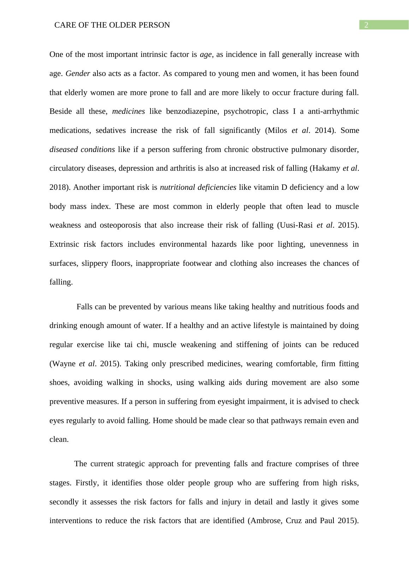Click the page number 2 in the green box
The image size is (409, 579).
click(x=366, y=25)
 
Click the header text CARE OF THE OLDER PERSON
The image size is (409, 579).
click(x=112, y=25)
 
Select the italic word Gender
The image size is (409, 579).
click(x=78, y=74)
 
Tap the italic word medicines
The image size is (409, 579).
click(x=128, y=111)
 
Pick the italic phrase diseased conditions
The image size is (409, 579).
click(x=82, y=150)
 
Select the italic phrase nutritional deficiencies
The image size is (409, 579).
click(x=198, y=187)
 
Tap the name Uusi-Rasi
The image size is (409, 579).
click(x=296, y=225)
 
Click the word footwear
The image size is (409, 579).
click(x=196, y=263)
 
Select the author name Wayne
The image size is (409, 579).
click(x=64, y=364)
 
